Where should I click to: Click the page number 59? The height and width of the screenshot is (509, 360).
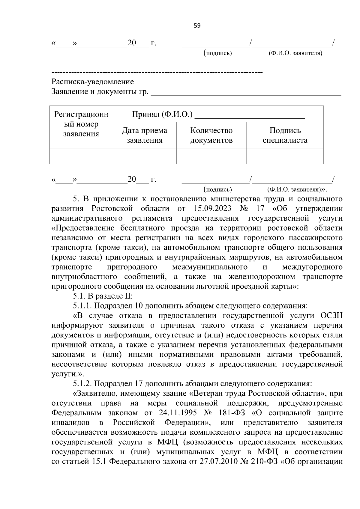(x=197, y=26)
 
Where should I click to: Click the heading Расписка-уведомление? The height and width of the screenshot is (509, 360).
(x=93, y=82)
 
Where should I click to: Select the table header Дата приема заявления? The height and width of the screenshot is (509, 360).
(x=144, y=135)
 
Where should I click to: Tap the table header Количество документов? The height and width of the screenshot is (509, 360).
(x=211, y=135)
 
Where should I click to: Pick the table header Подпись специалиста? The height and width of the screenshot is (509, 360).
(x=285, y=135)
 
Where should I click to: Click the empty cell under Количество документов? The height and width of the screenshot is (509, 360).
(x=211, y=156)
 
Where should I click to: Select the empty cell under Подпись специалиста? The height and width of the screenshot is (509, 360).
(x=285, y=156)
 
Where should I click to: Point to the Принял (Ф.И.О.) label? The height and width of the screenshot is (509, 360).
(x=162, y=115)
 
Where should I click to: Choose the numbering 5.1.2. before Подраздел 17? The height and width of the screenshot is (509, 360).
(x=83, y=384)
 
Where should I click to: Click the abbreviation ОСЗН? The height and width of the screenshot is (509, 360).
(x=331, y=316)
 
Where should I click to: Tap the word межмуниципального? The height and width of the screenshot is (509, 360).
(x=210, y=267)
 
